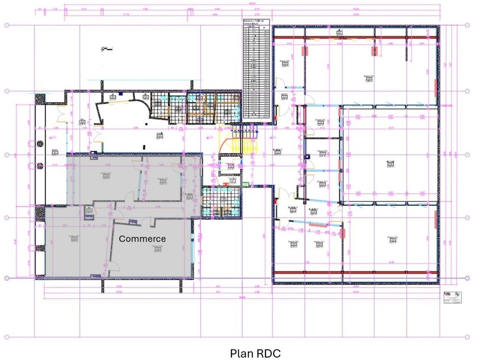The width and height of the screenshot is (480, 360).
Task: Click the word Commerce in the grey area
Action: pyautogui.click(x=142, y=239)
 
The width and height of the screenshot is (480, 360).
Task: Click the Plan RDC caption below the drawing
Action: pyautogui.click(x=255, y=353)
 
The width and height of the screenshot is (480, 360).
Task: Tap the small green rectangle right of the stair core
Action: pyautogui.click(x=246, y=184)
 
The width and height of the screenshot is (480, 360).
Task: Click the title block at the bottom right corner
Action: pyautogui.click(x=452, y=297)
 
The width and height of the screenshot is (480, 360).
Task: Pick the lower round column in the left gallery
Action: pyautogui.click(x=39, y=166)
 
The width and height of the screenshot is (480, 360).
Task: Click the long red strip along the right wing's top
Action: pyautogui.click(x=355, y=37)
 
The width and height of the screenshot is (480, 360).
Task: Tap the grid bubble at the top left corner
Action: pyautogui.click(x=6, y=25)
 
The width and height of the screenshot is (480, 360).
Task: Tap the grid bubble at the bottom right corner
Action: pyautogui.click(x=467, y=337)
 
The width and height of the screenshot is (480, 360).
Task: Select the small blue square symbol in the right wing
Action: pyautogui.click(x=307, y=157)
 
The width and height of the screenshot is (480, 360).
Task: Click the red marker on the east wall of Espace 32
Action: pyautogui.click(x=435, y=219)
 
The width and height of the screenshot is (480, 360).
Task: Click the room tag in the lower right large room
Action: pyautogui.click(x=393, y=240)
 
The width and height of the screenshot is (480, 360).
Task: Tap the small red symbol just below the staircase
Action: pyautogui.click(x=226, y=184)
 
